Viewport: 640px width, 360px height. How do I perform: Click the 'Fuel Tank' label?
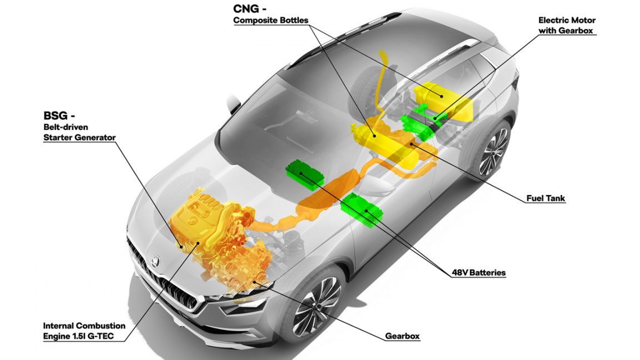point(546,198)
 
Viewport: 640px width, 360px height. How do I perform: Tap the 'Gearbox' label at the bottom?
point(402,336)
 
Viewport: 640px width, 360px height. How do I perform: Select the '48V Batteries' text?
point(479,273)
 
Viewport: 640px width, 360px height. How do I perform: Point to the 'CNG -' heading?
point(247,8)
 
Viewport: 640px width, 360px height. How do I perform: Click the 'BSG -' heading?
point(59,116)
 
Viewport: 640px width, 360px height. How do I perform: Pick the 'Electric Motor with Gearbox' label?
point(567,26)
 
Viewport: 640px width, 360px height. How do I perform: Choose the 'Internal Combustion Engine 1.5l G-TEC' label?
point(84,331)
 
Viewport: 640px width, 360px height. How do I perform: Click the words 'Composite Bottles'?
point(271,21)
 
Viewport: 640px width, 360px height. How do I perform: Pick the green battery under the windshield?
point(305,175)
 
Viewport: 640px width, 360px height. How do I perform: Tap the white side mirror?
point(234,102)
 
